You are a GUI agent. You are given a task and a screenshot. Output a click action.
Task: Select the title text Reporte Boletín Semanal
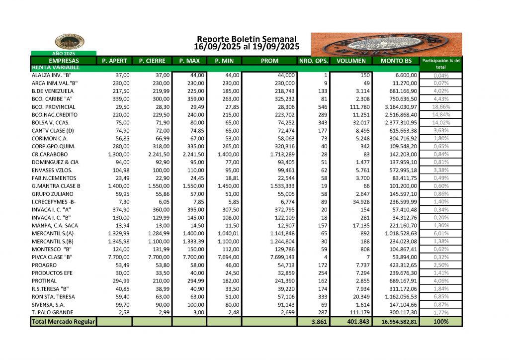pyautogui.click(x=247, y=39)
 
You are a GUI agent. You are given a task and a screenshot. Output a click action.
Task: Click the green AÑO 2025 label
pyautogui.click(x=63, y=53)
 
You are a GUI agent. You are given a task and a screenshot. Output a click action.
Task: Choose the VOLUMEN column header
pyautogui.click(x=351, y=61)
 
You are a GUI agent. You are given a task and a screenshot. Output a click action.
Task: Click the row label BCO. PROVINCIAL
pyautogui.click(x=54, y=107)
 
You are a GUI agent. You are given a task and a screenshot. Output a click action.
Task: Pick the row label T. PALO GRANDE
pyautogui.click(x=52, y=312)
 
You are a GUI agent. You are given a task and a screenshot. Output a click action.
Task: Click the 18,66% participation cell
pyautogui.click(x=441, y=107)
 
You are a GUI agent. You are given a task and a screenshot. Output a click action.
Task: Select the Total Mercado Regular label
pyautogui.click(x=63, y=322)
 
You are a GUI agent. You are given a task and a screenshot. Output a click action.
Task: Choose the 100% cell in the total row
pyautogui.click(x=441, y=322)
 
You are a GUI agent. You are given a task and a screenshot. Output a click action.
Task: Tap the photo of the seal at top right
pyautogui.click(x=386, y=44)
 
